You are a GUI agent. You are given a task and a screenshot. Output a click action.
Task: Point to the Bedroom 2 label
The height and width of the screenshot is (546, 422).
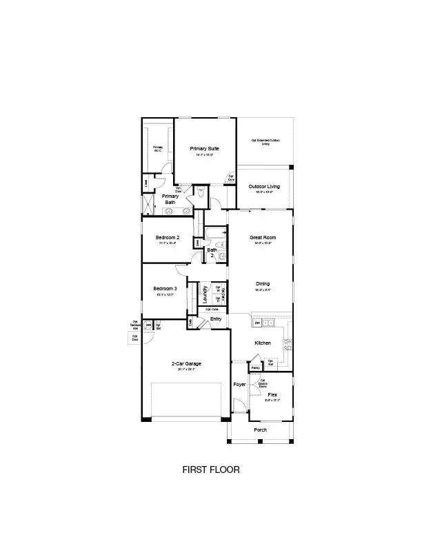tap(167, 237)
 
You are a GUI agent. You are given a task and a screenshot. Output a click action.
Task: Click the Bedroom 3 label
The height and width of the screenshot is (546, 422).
tap(165, 288)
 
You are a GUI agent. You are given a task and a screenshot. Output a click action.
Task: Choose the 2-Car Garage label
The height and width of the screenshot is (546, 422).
tap(185, 363)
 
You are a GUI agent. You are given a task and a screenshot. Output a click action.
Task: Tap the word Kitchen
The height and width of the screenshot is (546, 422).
tap(263, 343)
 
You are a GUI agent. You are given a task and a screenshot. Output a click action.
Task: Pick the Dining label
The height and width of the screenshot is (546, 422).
tap(262, 284)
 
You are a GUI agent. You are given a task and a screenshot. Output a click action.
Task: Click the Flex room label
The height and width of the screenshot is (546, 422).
tap(272, 395)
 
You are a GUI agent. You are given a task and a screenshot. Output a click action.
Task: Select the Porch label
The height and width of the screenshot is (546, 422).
tap(260, 429)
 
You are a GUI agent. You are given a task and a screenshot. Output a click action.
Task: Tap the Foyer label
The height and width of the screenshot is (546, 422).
tap(239, 384)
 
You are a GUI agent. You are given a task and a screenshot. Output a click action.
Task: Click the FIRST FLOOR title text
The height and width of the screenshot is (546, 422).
tap(210, 470)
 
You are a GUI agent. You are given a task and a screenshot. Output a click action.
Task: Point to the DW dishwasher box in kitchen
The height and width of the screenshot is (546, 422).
tap(257, 323)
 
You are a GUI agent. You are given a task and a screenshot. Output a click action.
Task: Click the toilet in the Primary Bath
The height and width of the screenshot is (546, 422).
tap(201, 194)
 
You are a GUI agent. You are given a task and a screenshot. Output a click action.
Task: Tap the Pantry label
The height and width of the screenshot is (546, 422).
tap(255, 368)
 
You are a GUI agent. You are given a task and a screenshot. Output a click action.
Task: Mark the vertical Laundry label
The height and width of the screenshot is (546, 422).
tap(205, 294)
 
